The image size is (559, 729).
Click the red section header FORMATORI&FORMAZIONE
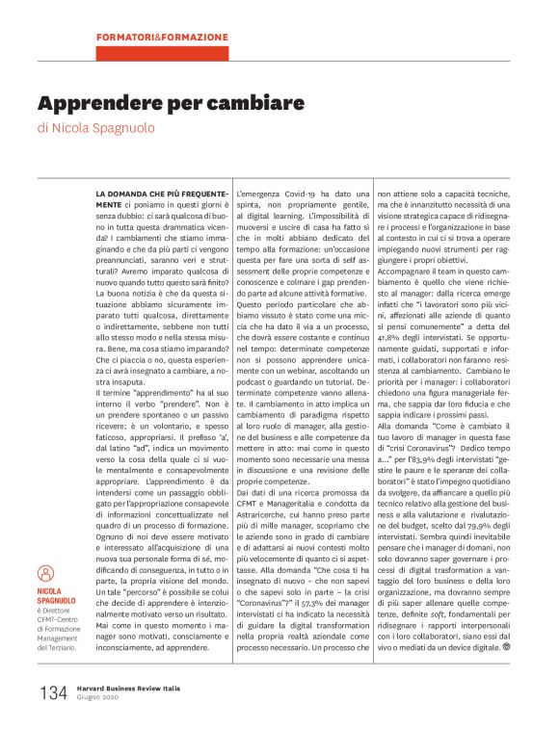pos(162,38)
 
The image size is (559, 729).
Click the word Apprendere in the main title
pos(101,102)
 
